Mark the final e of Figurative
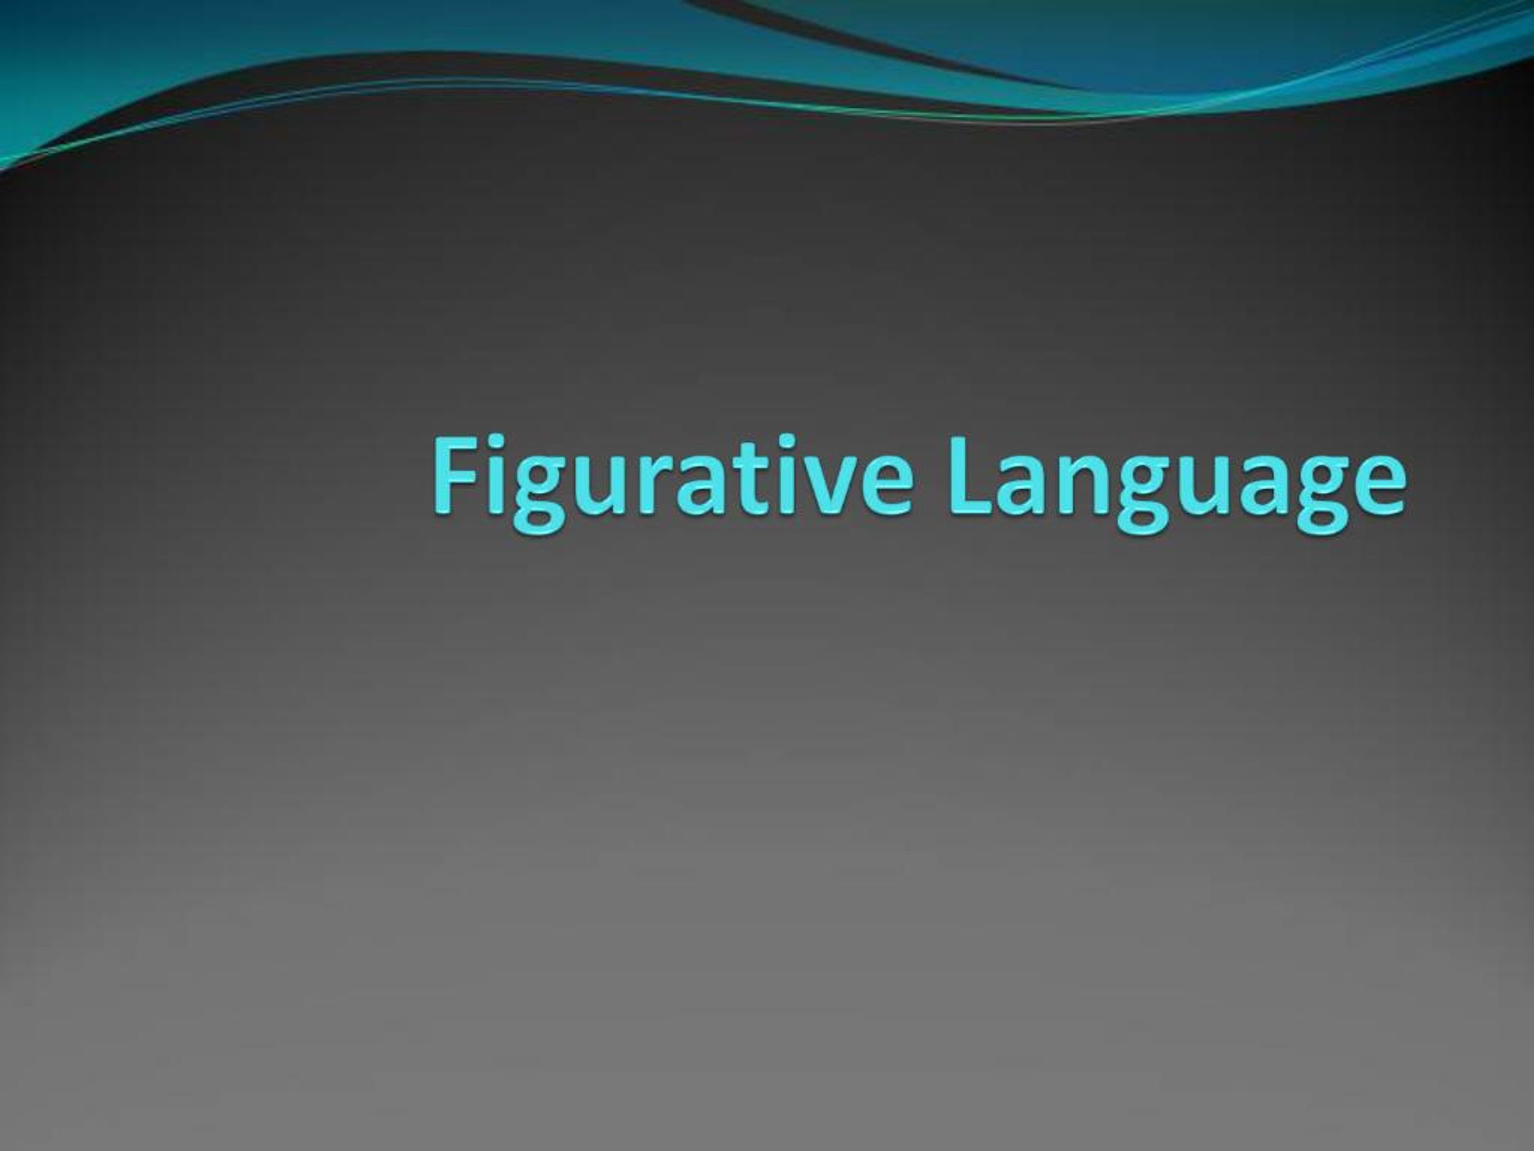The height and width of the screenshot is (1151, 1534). click(x=885, y=485)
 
